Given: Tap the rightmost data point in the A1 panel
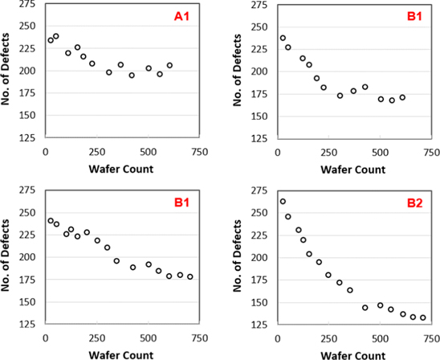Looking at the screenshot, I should pyautogui.click(x=169, y=65).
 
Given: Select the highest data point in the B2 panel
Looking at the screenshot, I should pyautogui.click(x=283, y=202).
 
